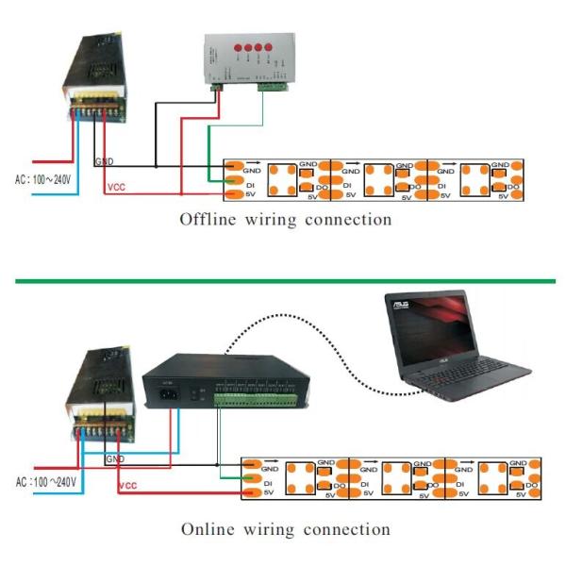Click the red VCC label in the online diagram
126,487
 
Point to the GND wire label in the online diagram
114,459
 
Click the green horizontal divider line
283,281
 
